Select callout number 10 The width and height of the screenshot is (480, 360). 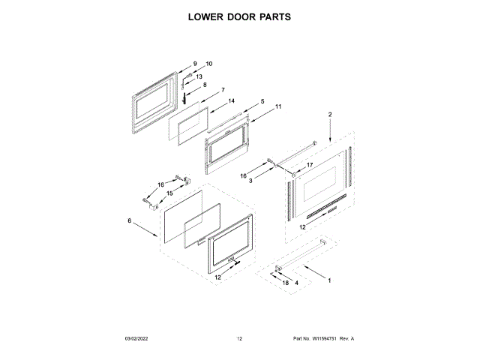209,64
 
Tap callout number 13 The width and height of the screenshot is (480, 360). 199,76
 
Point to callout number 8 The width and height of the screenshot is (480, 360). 205,85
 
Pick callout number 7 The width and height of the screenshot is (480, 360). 223,90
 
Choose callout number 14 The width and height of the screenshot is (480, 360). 232,100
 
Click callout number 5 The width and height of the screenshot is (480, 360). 262,101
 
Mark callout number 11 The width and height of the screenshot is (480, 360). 278,106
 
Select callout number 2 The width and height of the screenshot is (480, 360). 329,114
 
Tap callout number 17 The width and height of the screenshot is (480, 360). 308,165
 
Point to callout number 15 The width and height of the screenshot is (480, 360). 169,193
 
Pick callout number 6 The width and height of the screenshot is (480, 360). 129,220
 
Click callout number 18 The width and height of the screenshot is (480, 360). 285,283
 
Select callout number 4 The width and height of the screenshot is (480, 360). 296,283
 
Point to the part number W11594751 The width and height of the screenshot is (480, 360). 332,339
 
